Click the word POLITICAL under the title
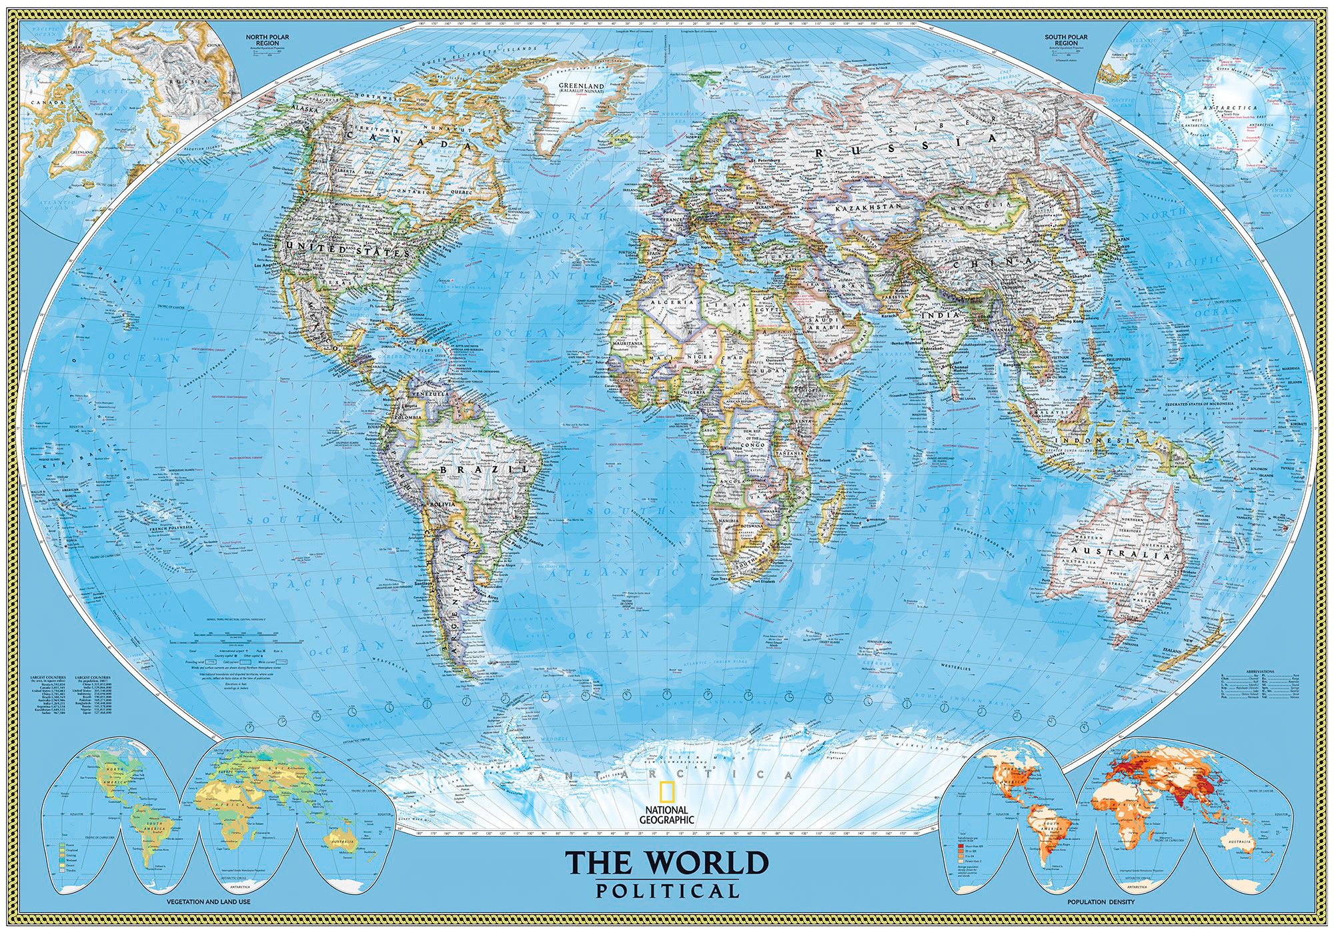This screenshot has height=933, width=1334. (x=668, y=891)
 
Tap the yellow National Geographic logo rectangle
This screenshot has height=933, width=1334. (x=666, y=792)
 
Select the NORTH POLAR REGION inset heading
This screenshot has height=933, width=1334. (x=262, y=40)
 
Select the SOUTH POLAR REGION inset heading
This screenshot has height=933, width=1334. (x=1066, y=40)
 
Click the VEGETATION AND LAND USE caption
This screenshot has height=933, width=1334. (x=208, y=902)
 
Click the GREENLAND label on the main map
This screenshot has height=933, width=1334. (x=581, y=87)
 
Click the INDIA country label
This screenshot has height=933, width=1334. (x=940, y=314)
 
